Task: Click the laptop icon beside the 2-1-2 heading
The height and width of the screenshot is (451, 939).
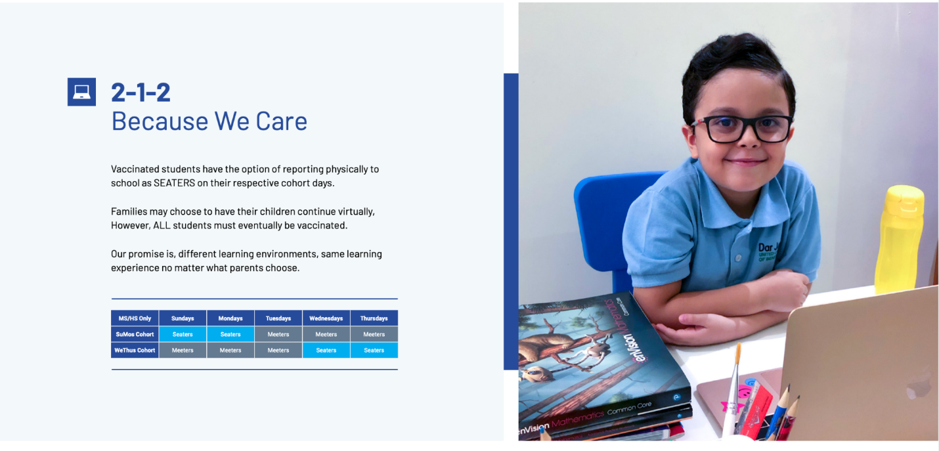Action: [81, 92]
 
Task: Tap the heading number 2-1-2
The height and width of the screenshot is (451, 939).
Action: [141, 92]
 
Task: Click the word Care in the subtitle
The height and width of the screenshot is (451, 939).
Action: [281, 121]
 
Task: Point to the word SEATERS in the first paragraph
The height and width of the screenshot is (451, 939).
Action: [174, 183]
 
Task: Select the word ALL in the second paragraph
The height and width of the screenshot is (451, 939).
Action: [162, 226]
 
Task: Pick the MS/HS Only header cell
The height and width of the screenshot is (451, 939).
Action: [135, 318]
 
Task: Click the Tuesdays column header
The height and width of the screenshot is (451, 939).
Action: [278, 318]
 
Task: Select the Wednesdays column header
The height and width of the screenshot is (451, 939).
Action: [326, 318]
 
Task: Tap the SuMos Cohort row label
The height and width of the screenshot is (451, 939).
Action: [135, 334]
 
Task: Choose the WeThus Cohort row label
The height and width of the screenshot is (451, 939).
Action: [135, 350]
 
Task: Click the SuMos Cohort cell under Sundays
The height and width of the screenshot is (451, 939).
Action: [183, 334]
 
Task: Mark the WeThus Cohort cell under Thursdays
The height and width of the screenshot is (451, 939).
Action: [374, 350]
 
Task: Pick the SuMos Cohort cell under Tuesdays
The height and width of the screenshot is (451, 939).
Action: [278, 334]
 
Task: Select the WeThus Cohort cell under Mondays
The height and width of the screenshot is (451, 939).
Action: [230, 350]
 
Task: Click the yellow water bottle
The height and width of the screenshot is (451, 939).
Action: [900, 239]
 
